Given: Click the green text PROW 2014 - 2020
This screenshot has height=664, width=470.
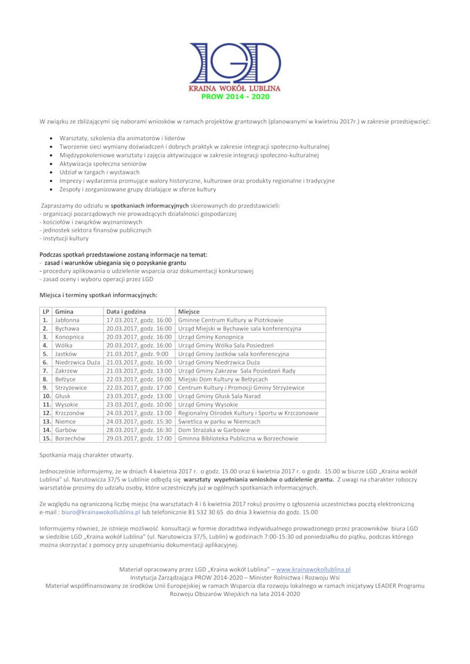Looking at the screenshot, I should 234,97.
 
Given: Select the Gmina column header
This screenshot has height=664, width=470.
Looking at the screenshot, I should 64,311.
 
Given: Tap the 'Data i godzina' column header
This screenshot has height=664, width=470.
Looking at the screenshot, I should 126,311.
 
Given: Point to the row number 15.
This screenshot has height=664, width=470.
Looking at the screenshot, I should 45,439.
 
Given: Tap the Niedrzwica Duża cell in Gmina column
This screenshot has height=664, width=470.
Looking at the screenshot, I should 77,363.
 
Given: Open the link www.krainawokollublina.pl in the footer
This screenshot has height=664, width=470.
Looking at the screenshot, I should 313,569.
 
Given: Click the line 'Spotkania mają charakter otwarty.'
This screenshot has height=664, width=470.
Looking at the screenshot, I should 86,455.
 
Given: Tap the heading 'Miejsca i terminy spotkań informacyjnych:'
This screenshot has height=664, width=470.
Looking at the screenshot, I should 98,295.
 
